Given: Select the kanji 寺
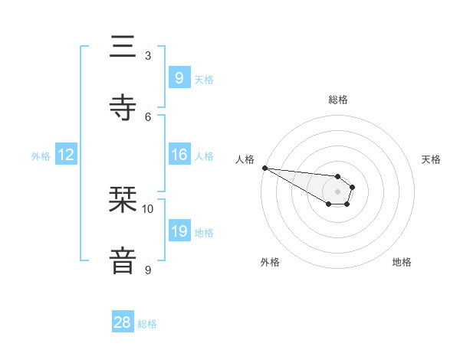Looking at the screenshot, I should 123,108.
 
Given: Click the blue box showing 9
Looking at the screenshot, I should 179,77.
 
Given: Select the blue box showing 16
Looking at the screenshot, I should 179,155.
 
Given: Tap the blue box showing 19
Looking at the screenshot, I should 179,231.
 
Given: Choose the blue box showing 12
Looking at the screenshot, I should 66,155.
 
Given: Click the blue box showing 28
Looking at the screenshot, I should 123,322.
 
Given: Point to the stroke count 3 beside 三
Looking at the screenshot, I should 148,55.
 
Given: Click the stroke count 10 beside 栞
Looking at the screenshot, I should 148,208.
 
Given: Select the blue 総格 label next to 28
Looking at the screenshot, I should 148,324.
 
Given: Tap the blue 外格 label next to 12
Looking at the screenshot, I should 41,155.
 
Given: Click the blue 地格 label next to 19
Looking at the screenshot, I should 204,232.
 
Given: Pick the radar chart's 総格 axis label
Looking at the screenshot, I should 338,100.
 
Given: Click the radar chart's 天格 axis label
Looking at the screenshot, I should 432,159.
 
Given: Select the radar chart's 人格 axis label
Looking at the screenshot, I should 245,159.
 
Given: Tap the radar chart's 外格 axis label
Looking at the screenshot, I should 270,262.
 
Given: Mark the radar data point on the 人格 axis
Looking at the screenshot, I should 264,168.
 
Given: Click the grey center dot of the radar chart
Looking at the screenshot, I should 338,191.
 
